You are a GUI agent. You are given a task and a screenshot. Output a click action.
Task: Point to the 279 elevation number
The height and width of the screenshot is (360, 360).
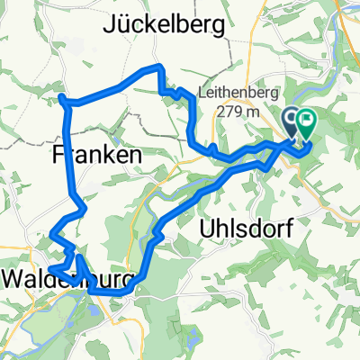[x=232, y=112]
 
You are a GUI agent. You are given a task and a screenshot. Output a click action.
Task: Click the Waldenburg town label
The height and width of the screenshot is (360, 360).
[x=67, y=278]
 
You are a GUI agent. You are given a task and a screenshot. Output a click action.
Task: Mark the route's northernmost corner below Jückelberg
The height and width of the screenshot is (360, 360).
[x=159, y=68]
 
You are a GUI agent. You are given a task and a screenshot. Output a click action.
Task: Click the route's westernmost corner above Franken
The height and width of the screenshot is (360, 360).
[x=62, y=96]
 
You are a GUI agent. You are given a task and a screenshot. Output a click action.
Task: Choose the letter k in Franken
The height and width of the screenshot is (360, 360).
[x=111, y=155]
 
